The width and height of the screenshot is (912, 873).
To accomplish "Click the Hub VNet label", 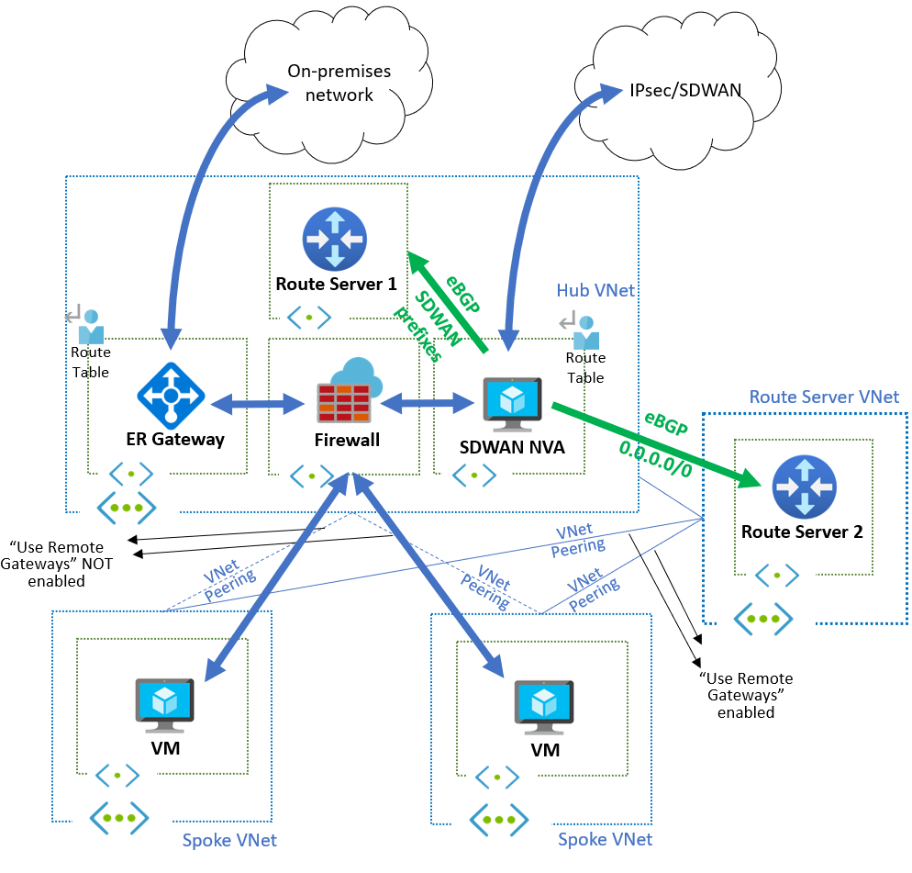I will pyautogui.click(x=595, y=290).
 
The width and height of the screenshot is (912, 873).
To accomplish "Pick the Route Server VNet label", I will pyautogui.click(x=824, y=397).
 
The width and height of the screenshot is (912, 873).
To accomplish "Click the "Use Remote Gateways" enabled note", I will pyautogui.click(x=746, y=695).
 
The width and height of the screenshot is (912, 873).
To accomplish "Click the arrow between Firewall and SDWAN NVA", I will pyautogui.click(x=425, y=402).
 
